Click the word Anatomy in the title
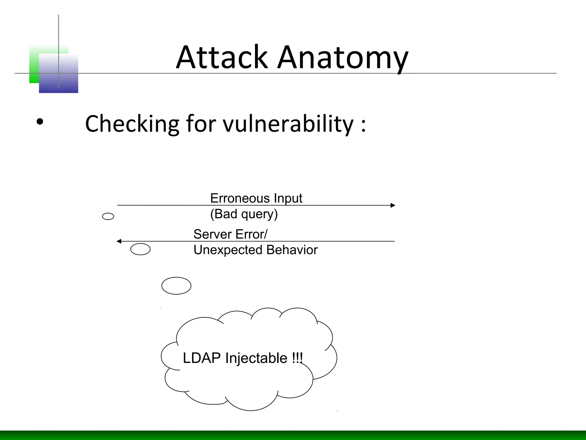click(343, 59)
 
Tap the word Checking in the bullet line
click(132, 124)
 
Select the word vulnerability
click(288, 124)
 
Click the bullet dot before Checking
click(40, 122)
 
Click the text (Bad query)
click(244, 214)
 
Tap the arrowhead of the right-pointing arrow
click(393, 205)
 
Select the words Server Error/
click(230, 234)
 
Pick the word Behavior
click(292, 250)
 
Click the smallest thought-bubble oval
click(108, 216)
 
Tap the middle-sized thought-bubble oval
click(140, 249)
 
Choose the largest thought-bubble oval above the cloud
click(176, 286)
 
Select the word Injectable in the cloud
click(256, 358)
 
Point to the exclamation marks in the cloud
click(297, 358)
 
